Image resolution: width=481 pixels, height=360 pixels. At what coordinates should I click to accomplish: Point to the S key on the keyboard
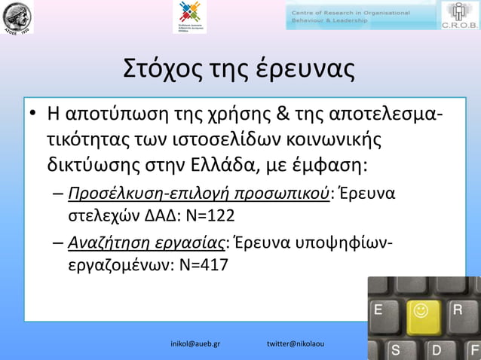point(394,350)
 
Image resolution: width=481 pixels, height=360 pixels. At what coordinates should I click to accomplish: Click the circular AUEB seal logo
point(17,17)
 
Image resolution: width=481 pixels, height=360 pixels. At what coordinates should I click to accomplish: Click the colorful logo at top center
point(188,16)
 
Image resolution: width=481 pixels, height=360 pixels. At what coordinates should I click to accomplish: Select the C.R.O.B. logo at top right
point(460,17)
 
